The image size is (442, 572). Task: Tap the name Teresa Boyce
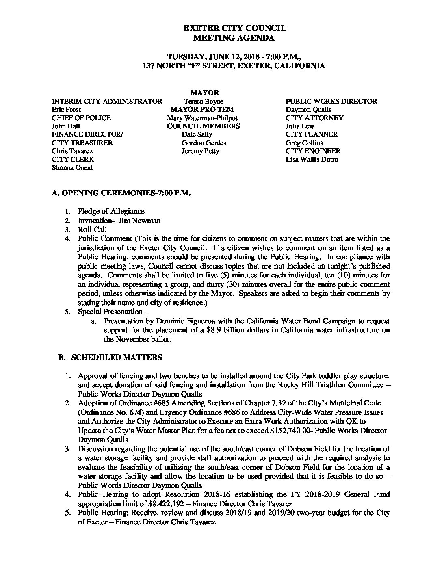click(x=204, y=101)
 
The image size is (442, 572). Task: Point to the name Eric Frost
click(x=67, y=109)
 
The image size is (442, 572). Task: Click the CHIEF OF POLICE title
click(x=81, y=118)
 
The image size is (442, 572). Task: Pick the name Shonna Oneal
click(x=72, y=167)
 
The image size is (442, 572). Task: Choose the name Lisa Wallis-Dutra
click(x=312, y=159)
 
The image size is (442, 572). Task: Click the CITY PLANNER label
click(x=312, y=134)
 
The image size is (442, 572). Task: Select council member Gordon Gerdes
click(x=204, y=143)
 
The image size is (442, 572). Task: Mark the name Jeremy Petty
click(x=201, y=151)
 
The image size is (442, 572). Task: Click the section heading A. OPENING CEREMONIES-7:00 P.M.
click(x=121, y=193)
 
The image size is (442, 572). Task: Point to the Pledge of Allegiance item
click(x=111, y=211)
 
